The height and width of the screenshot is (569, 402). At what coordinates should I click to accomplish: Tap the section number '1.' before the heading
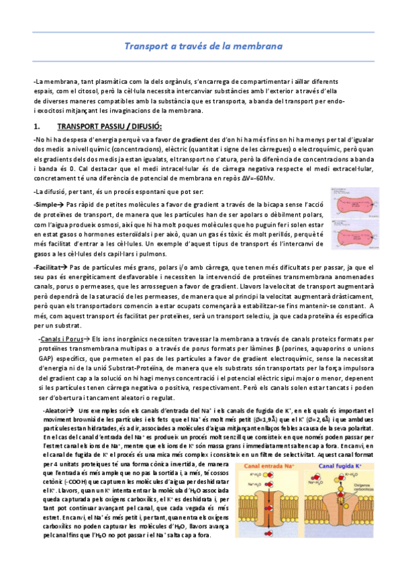click(38, 125)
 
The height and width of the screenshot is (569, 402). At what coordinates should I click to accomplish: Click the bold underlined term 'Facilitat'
click(50, 268)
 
